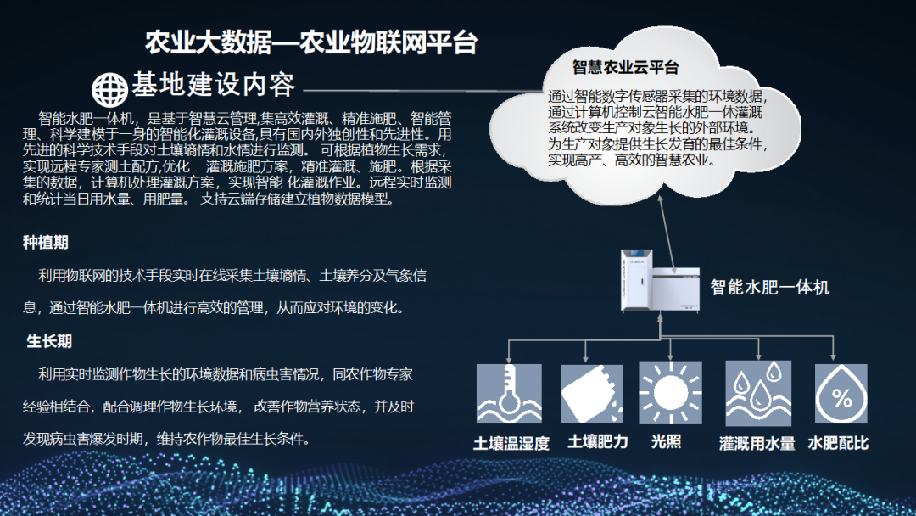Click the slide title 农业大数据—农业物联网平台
311,42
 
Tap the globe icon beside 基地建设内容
109,87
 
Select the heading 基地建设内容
213,86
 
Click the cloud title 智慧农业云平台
625,67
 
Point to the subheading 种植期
45,243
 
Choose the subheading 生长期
49,341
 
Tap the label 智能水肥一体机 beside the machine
769,287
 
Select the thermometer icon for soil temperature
509,394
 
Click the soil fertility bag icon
592,394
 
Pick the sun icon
670,394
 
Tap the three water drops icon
757,394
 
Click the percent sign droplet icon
841,394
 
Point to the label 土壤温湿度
511,443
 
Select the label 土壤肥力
597,442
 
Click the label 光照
666,442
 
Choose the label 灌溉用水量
757,443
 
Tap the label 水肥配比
838,443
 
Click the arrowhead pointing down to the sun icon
670,356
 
